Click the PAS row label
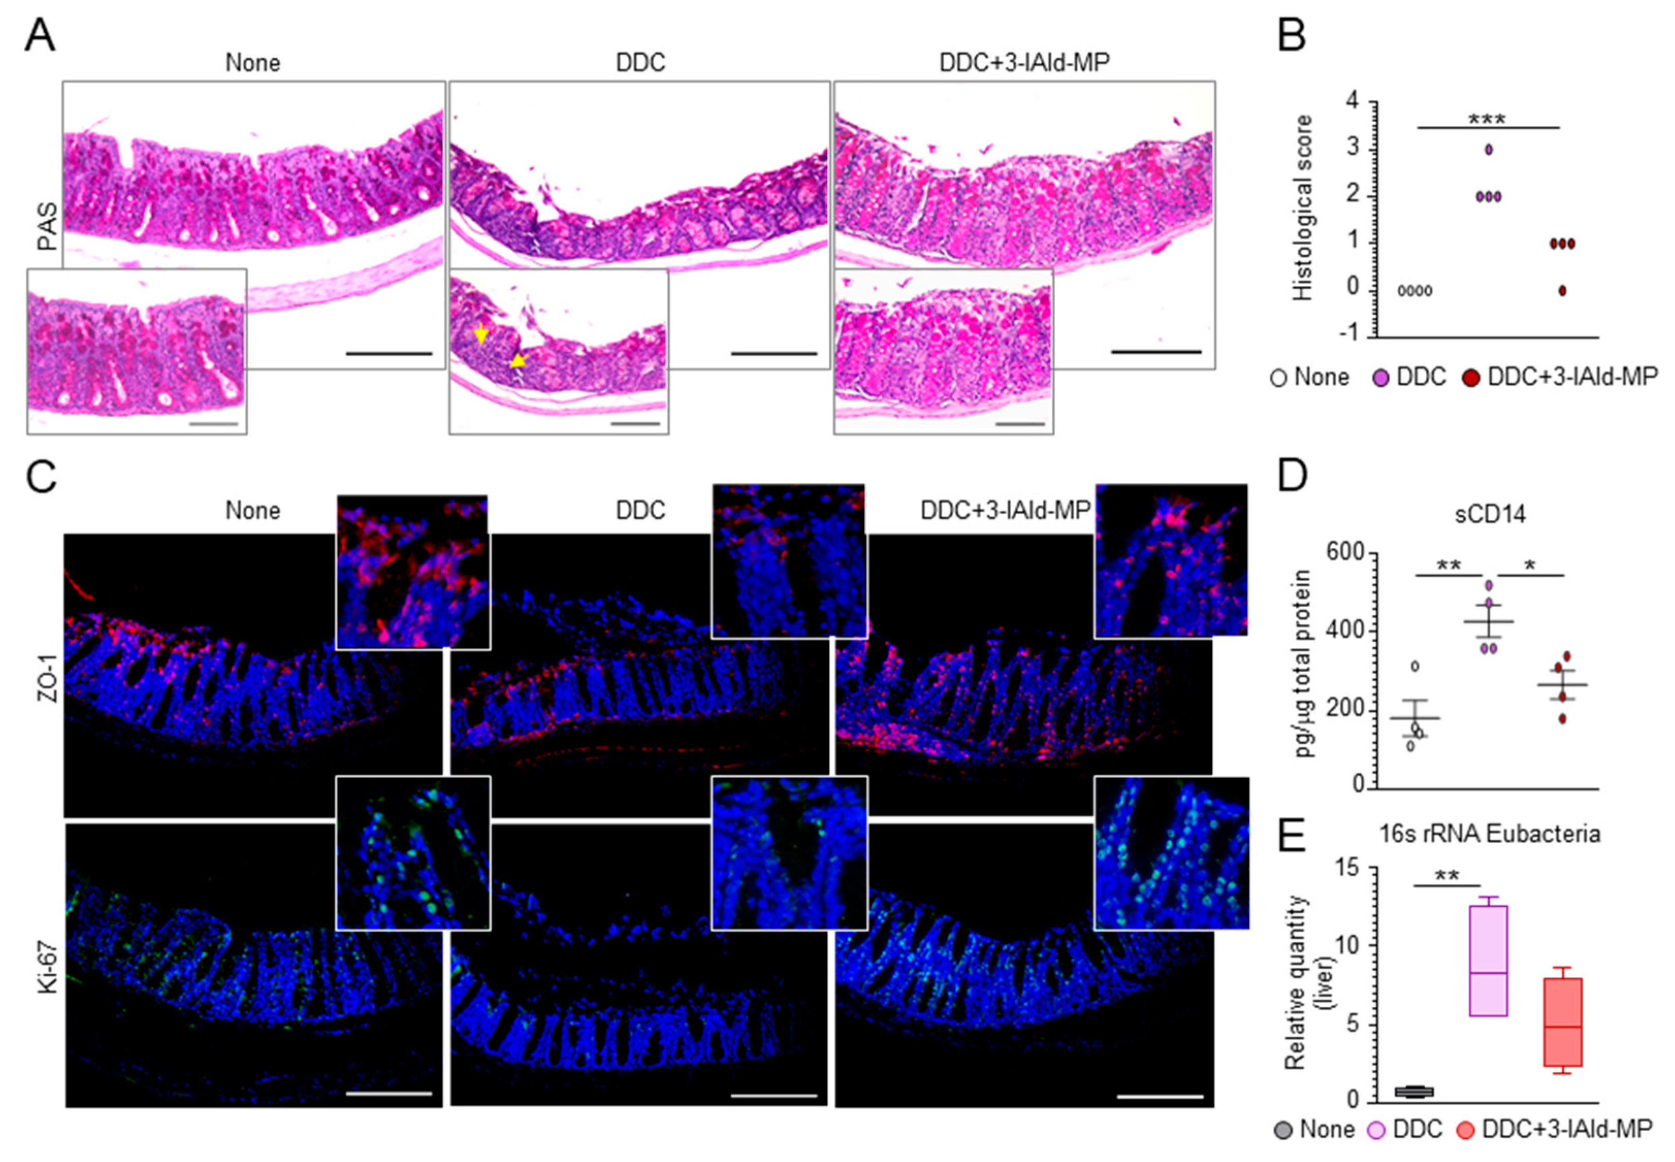(x=47, y=226)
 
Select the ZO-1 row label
(x=47, y=678)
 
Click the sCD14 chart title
(x=1489, y=515)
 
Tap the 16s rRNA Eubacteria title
(x=1489, y=833)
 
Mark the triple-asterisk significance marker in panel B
(x=1486, y=119)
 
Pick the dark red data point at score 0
(x=1562, y=290)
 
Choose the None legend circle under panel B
(x=1278, y=378)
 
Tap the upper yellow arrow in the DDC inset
(x=480, y=334)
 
